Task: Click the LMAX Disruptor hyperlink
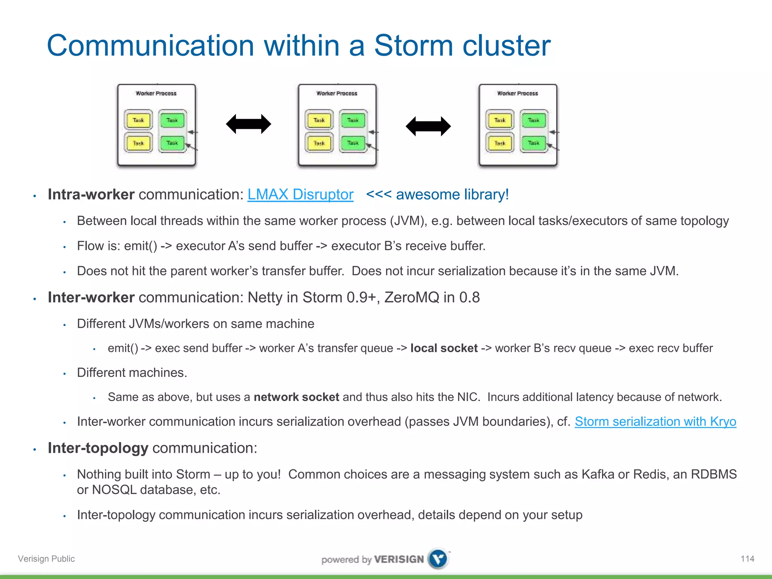tap(300, 195)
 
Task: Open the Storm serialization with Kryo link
tap(655, 421)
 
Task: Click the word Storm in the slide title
tap(413, 45)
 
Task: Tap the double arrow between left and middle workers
tap(248, 124)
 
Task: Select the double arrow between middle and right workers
tap(428, 126)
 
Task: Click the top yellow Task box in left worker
tap(138, 120)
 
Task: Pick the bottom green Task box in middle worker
tap(353, 143)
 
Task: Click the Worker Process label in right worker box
tap(518, 93)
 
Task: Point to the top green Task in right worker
tap(533, 120)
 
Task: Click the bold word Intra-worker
tap(91, 195)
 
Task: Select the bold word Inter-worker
tap(91, 297)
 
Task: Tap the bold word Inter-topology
tap(98, 448)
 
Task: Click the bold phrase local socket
tap(444, 348)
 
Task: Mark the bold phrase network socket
tap(296, 397)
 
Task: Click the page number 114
tap(747, 559)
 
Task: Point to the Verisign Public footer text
tap(46, 559)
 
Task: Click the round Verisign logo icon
tap(438, 559)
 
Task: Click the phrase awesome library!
tap(452, 195)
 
